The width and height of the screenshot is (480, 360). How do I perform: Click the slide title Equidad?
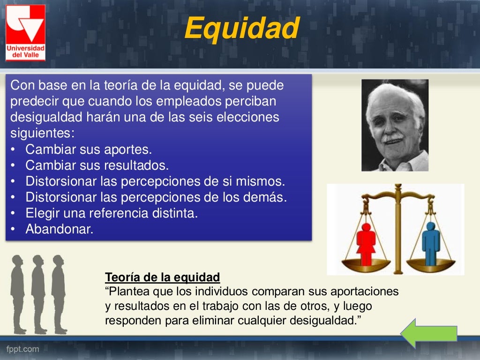(x=241, y=29)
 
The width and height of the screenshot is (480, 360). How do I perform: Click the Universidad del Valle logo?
(x=25, y=32)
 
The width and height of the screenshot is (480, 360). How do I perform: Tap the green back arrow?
(x=428, y=333)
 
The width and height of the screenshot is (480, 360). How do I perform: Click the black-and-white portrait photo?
(x=395, y=125)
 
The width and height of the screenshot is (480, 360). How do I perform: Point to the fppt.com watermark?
(x=22, y=349)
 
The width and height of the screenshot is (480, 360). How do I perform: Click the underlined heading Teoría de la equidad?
(x=162, y=277)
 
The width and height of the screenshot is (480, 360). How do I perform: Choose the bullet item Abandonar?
(x=60, y=229)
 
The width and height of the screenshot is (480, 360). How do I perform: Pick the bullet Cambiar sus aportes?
(x=89, y=150)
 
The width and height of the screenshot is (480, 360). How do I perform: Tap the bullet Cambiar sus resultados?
(x=97, y=165)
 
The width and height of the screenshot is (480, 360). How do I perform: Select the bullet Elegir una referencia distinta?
(x=112, y=213)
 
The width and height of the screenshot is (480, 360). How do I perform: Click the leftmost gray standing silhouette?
(x=18, y=293)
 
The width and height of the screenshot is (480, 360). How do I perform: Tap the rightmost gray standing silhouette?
(x=59, y=293)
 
